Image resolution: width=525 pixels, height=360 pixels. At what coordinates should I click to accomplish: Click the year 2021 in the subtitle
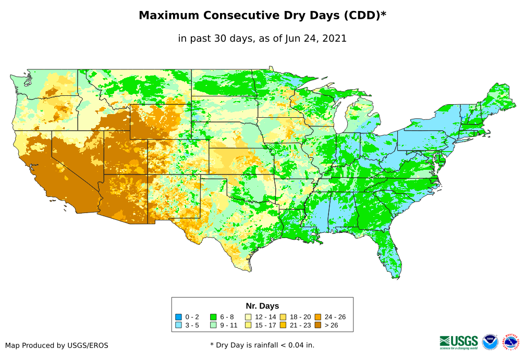pos(335,39)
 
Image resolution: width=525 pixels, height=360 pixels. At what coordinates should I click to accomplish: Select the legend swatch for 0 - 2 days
pos(178,317)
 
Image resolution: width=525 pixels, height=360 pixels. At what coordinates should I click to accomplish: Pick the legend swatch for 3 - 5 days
pos(178,325)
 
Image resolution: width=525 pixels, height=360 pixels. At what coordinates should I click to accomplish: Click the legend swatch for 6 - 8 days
pos(213,317)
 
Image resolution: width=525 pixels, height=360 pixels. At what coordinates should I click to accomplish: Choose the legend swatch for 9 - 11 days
pos(213,325)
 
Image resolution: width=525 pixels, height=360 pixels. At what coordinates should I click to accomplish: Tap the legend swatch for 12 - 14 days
pos(248,317)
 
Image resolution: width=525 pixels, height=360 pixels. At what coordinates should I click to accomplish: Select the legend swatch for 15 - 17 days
pos(248,325)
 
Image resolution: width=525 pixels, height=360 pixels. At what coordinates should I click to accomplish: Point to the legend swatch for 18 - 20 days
pos(283,317)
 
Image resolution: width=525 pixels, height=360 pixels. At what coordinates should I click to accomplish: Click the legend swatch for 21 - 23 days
pos(283,325)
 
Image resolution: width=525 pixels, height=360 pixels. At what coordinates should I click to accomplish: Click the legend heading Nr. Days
pos(262,306)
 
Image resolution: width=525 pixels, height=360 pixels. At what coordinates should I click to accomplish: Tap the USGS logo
pos(459,342)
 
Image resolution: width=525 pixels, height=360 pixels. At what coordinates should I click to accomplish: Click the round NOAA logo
pos(490,342)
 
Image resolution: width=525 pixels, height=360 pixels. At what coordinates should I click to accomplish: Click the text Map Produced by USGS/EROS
pos(57,345)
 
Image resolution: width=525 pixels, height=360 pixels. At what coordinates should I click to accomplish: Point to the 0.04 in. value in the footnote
pos(302,345)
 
